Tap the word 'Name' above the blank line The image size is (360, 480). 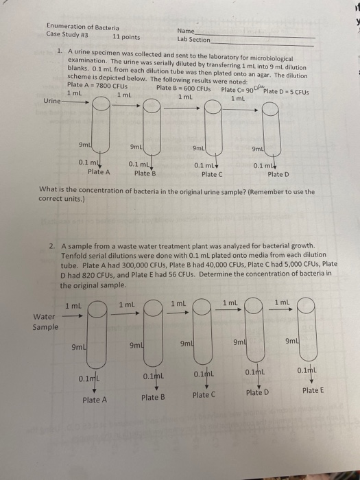point(186,31)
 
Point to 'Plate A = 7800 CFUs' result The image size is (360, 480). point(94,85)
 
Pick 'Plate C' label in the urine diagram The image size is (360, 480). point(210,174)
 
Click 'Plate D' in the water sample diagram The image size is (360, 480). point(258,392)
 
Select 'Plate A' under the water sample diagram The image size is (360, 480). point(95,400)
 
